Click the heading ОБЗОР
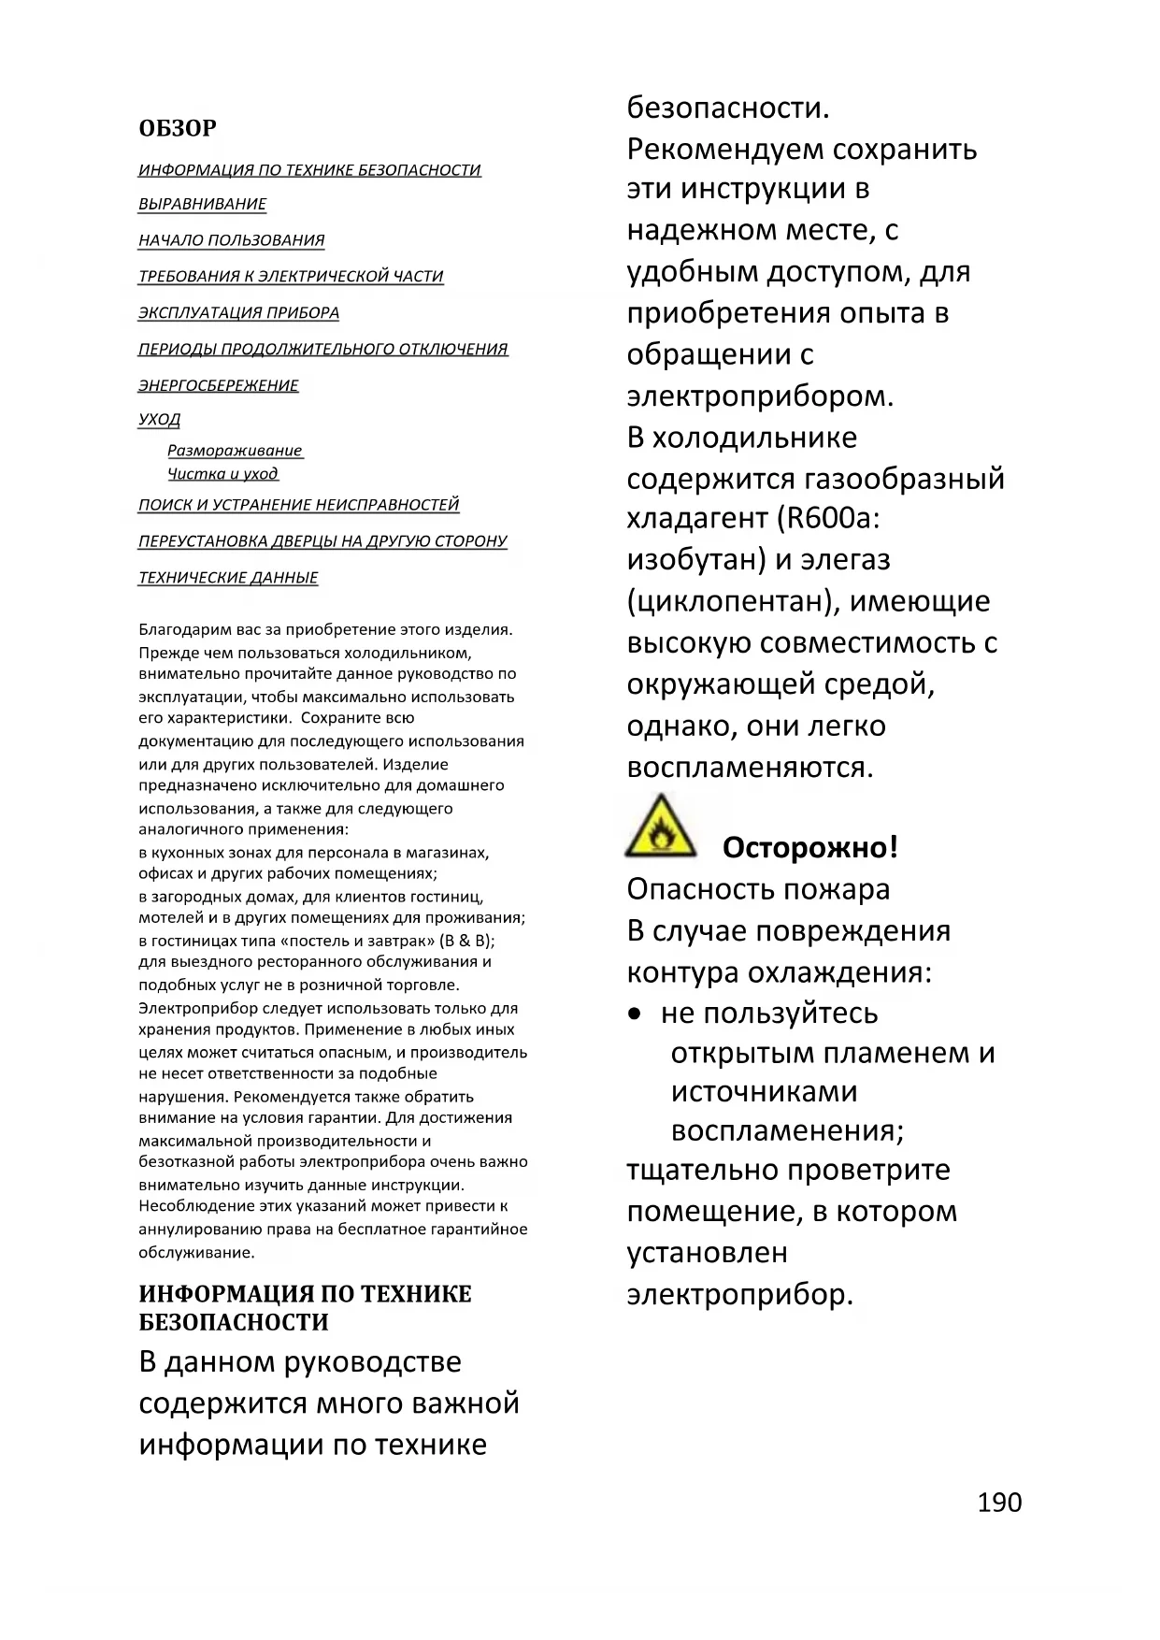click(177, 128)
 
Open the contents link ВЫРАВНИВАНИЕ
click(202, 205)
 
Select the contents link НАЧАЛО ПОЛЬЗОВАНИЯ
click(231, 240)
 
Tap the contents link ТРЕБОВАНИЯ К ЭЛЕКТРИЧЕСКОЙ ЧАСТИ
click(290, 277)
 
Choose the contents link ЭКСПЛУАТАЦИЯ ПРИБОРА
click(238, 313)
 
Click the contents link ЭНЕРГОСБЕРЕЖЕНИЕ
click(218, 385)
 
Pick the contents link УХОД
click(159, 420)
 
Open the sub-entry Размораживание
click(235, 451)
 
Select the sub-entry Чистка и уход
click(222, 474)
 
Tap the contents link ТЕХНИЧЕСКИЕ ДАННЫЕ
click(228, 578)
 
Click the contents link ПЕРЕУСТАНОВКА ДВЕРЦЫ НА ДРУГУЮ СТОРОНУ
click(322, 541)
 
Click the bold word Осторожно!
click(809, 848)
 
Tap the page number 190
click(999, 1503)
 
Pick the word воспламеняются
click(750, 768)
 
